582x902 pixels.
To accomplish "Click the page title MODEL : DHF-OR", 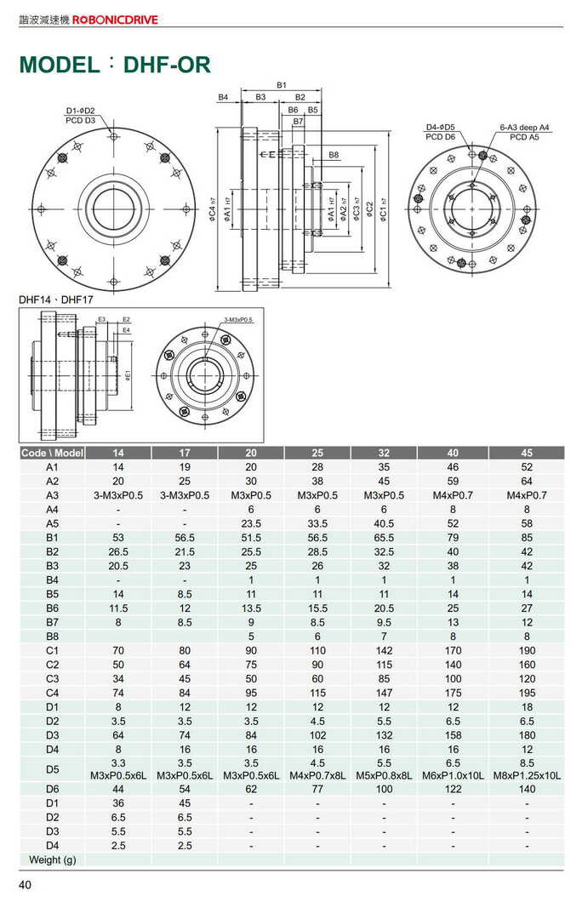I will pyautogui.click(x=114, y=65).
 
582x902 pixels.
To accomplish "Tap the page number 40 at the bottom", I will pyautogui.click(x=26, y=886).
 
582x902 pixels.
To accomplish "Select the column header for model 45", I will pyautogui.click(x=527, y=453).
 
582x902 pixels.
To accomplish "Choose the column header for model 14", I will pyautogui.click(x=118, y=453).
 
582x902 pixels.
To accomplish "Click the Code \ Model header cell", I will pyautogui.click(x=52, y=453).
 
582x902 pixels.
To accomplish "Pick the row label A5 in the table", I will pyautogui.click(x=52, y=523).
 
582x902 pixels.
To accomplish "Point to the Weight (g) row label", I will pyautogui.click(x=52, y=859).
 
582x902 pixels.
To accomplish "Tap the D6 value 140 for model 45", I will pyautogui.click(x=527, y=789).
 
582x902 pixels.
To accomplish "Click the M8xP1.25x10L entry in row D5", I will pyautogui.click(x=527, y=775).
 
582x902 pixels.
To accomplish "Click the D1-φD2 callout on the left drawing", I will pyautogui.click(x=81, y=111).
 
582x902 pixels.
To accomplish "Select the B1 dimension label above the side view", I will pyautogui.click(x=281, y=85).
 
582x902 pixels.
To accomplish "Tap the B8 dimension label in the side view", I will pyautogui.click(x=334, y=154).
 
